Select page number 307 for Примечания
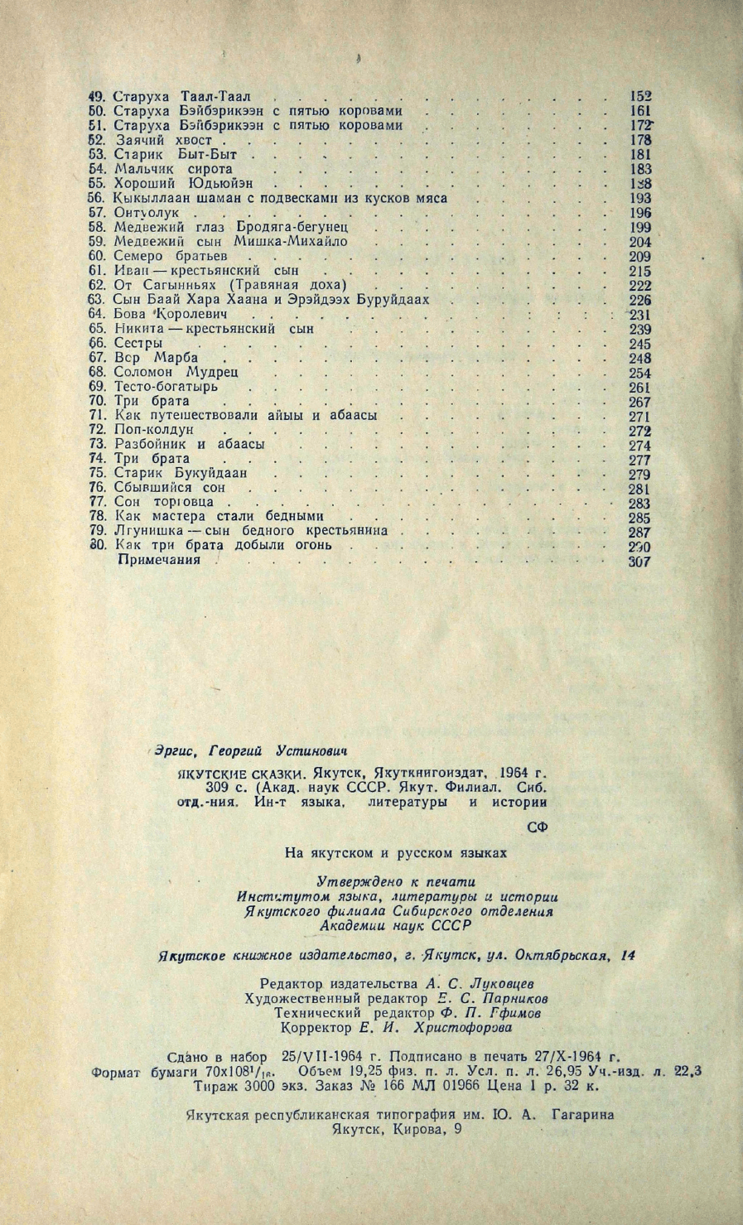click(x=639, y=561)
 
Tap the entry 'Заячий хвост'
click(x=163, y=140)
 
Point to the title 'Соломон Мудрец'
click(x=176, y=373)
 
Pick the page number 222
click(x=640, y=285)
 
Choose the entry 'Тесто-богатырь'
click(x=166, y=387)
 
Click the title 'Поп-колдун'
click(x=154, y=431)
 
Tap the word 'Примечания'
click(x=160, y=560)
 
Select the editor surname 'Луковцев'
click(x=498, y=984)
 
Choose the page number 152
click(x=640, y=96)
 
